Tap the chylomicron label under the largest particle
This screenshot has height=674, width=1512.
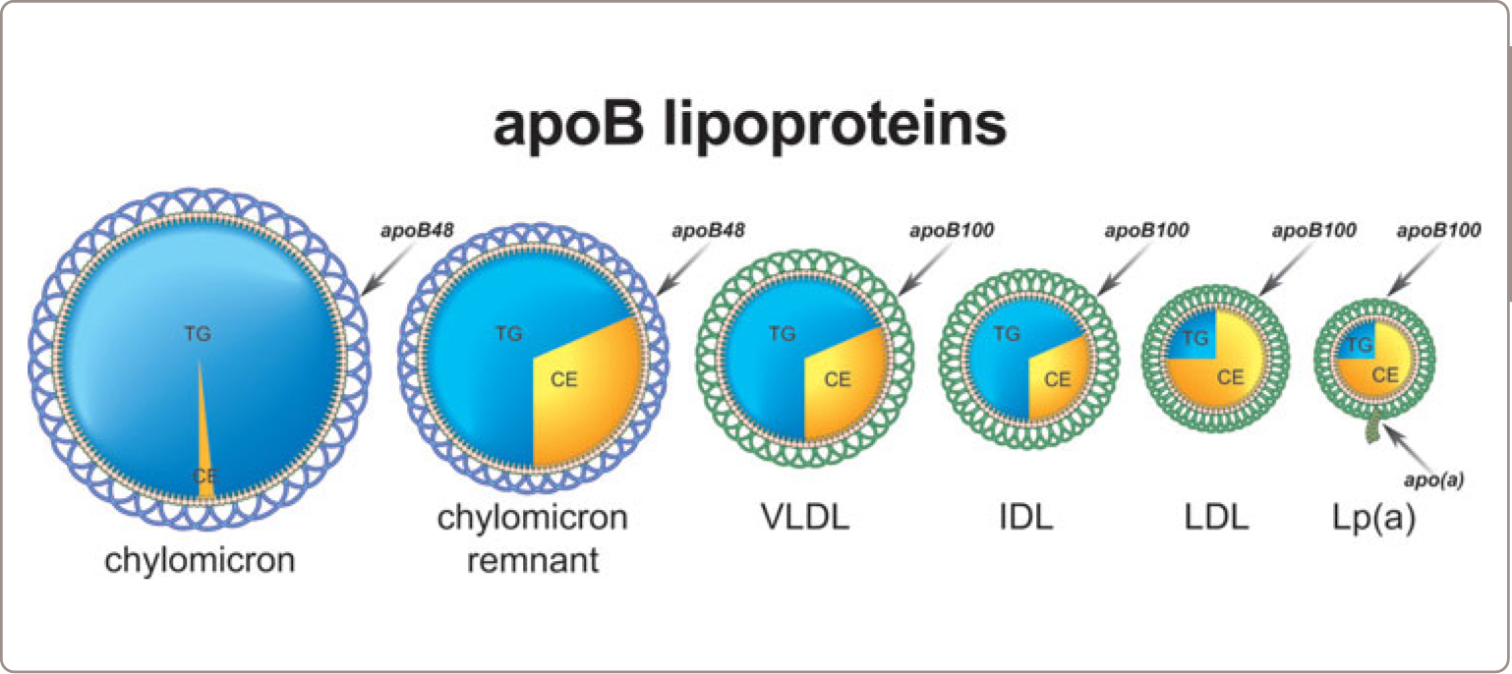(200, 561)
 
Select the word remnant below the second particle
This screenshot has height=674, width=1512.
(532, 561)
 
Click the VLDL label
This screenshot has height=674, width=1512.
(805, 518)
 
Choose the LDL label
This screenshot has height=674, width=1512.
(1217, 518)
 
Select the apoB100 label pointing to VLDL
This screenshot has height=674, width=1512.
(949, 232)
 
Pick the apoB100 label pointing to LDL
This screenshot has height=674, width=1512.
(1313, 232)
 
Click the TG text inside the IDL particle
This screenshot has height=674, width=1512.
(1006, 334)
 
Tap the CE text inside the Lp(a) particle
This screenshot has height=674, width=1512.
(1385, 374)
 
